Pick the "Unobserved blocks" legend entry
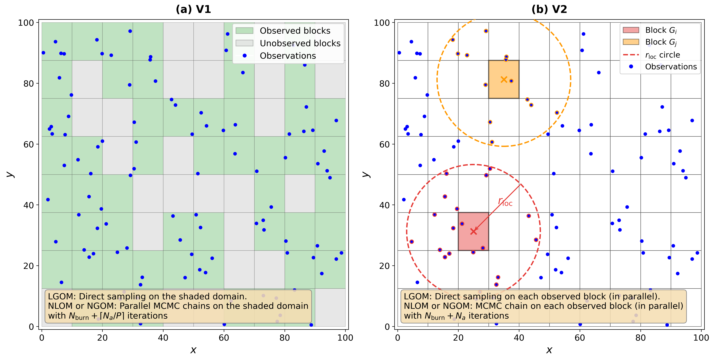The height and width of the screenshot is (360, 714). tap(300, 43)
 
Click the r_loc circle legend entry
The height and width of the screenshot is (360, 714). tap(663, 55)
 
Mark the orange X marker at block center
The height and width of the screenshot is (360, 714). tap(504, 80)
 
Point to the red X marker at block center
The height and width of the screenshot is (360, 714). tap(473, 231)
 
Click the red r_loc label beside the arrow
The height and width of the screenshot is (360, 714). tap(505, 202)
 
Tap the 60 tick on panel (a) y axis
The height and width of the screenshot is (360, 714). tap(29, 144)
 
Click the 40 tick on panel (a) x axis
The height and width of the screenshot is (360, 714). tap(163, 338)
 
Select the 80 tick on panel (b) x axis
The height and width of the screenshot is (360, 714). tap(640, 338)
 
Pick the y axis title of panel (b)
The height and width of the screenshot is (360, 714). tap(366, 174)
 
